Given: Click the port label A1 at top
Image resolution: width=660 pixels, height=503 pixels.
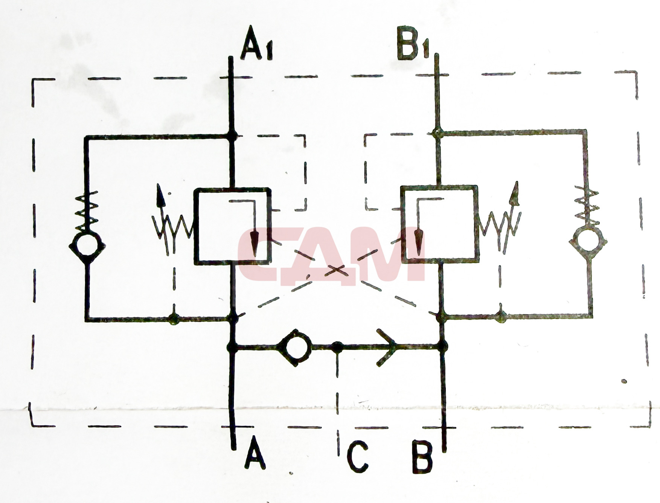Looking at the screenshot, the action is tap(257, 44).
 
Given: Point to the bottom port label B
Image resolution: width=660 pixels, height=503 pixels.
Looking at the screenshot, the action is tap(422, 456).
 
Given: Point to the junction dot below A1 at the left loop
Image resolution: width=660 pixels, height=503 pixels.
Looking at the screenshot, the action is tap(232, 136).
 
